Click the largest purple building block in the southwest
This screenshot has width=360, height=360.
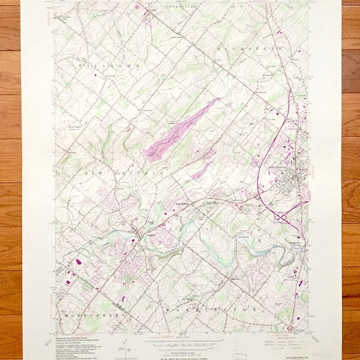79,262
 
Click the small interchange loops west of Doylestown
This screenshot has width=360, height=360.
259,195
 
